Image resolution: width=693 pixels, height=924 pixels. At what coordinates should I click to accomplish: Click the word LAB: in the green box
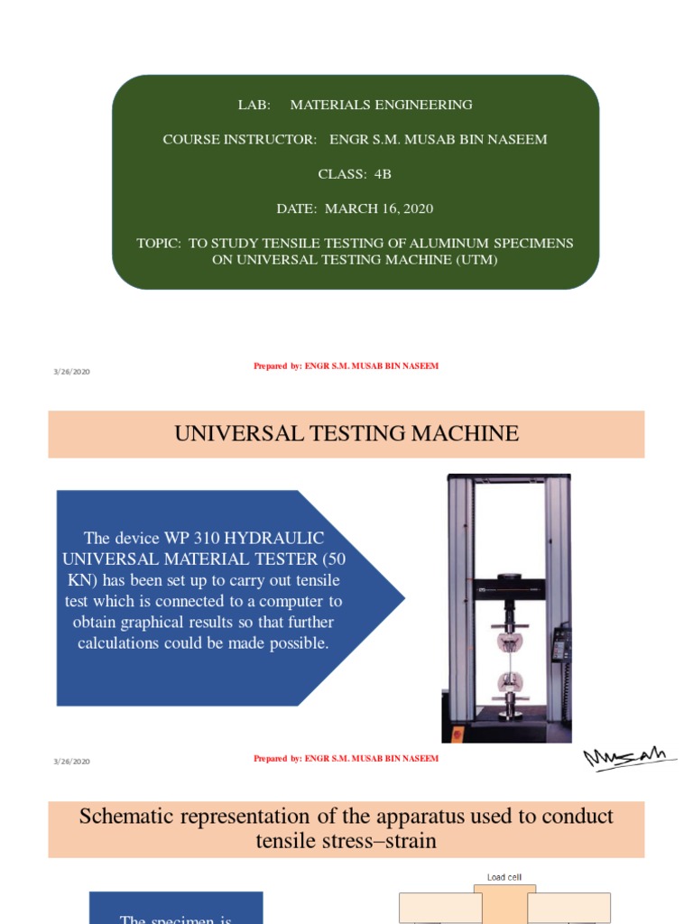[x=254, y=105]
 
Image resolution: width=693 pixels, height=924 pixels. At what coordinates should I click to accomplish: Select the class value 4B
[x=383, y=174]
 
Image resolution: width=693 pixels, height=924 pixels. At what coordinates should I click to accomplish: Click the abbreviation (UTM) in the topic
[x=476, y=260]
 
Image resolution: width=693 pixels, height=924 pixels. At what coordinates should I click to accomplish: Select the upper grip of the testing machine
[x=509, y=641]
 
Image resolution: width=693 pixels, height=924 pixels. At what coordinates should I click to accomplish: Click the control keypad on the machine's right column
[x=561, y=643]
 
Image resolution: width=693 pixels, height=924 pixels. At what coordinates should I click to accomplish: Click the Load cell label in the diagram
[x=504, y=877]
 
